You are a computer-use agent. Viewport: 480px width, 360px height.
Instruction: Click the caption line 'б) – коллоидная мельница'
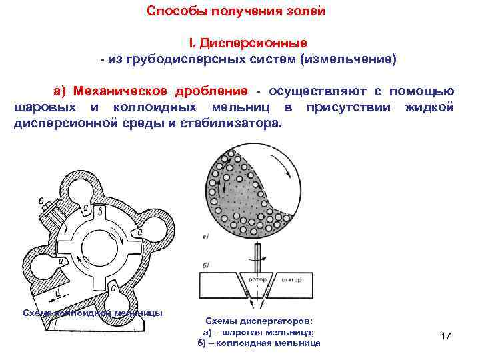259,343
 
